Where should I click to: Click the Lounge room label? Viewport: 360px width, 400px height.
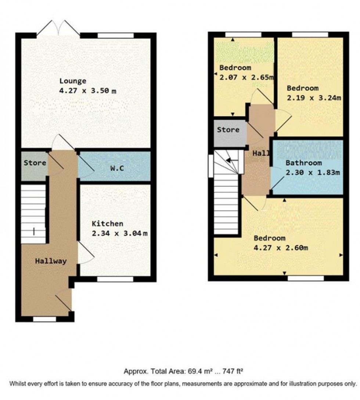(73, 82)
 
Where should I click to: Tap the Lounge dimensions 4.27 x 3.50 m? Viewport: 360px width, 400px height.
(88, 91)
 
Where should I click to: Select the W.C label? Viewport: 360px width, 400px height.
(117, 168)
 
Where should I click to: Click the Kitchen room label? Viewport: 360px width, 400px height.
(107, 224)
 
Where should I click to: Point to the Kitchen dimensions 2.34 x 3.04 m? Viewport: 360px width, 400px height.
(119, 233)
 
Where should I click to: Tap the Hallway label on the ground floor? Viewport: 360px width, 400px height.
(51, 261)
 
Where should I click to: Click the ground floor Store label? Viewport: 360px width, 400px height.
(35, 163)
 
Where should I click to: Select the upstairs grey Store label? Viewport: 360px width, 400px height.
(228, 130)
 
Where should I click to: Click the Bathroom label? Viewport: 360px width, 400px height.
(304, 163)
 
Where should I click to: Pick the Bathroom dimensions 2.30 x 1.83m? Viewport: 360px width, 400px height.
(313, 173)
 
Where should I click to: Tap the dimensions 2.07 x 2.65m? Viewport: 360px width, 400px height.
(246, 77)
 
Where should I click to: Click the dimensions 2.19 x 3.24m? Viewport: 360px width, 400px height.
(314, 98)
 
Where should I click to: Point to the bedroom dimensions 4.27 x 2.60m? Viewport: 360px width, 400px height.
(281, 248)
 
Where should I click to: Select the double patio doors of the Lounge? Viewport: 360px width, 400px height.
(58, 28)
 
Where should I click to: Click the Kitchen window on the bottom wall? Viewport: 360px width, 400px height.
(115, 279)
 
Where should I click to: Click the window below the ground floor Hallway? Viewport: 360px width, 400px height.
(45, 319)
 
